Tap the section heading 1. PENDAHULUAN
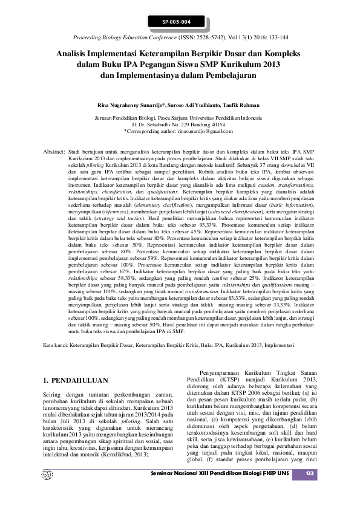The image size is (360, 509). click(77, 381)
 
